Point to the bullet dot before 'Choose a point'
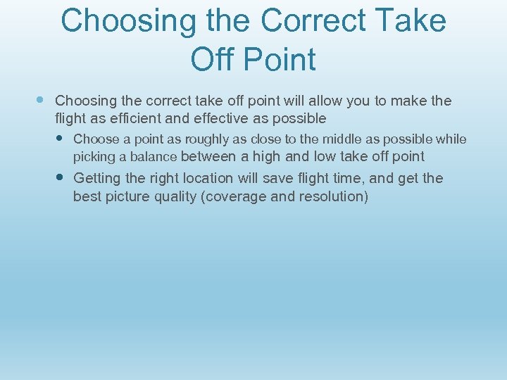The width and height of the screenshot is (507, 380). pos(61,138)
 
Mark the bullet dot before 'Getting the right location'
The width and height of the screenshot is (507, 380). pos(61,177)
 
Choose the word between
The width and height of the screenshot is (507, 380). pos(209,156)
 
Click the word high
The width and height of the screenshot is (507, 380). pos(266,156)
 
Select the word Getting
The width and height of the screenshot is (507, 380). pos(97,178)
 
